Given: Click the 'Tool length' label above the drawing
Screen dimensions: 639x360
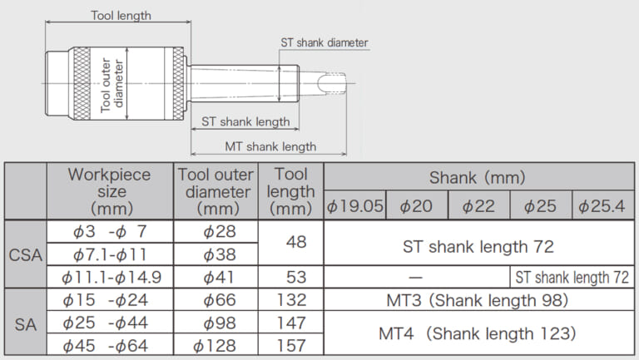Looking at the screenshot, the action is click(121, 16).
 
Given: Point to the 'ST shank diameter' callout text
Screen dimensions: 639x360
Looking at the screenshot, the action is click(324, 42).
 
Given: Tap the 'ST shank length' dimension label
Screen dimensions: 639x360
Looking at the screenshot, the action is click(245, 121).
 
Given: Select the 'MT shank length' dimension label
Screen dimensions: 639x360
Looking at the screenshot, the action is click(270, 146).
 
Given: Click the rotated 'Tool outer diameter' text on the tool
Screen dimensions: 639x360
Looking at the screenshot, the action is click(111, 84).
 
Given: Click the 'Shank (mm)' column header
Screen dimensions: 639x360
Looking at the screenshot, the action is click(478, 178).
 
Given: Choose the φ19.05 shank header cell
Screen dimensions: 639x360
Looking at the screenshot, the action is click(355, 205).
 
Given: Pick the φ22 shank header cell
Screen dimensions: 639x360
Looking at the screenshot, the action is click(478, 205).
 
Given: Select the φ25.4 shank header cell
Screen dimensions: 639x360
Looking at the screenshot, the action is click(602, 205).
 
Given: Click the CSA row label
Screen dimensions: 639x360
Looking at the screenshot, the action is click(25, 255).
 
